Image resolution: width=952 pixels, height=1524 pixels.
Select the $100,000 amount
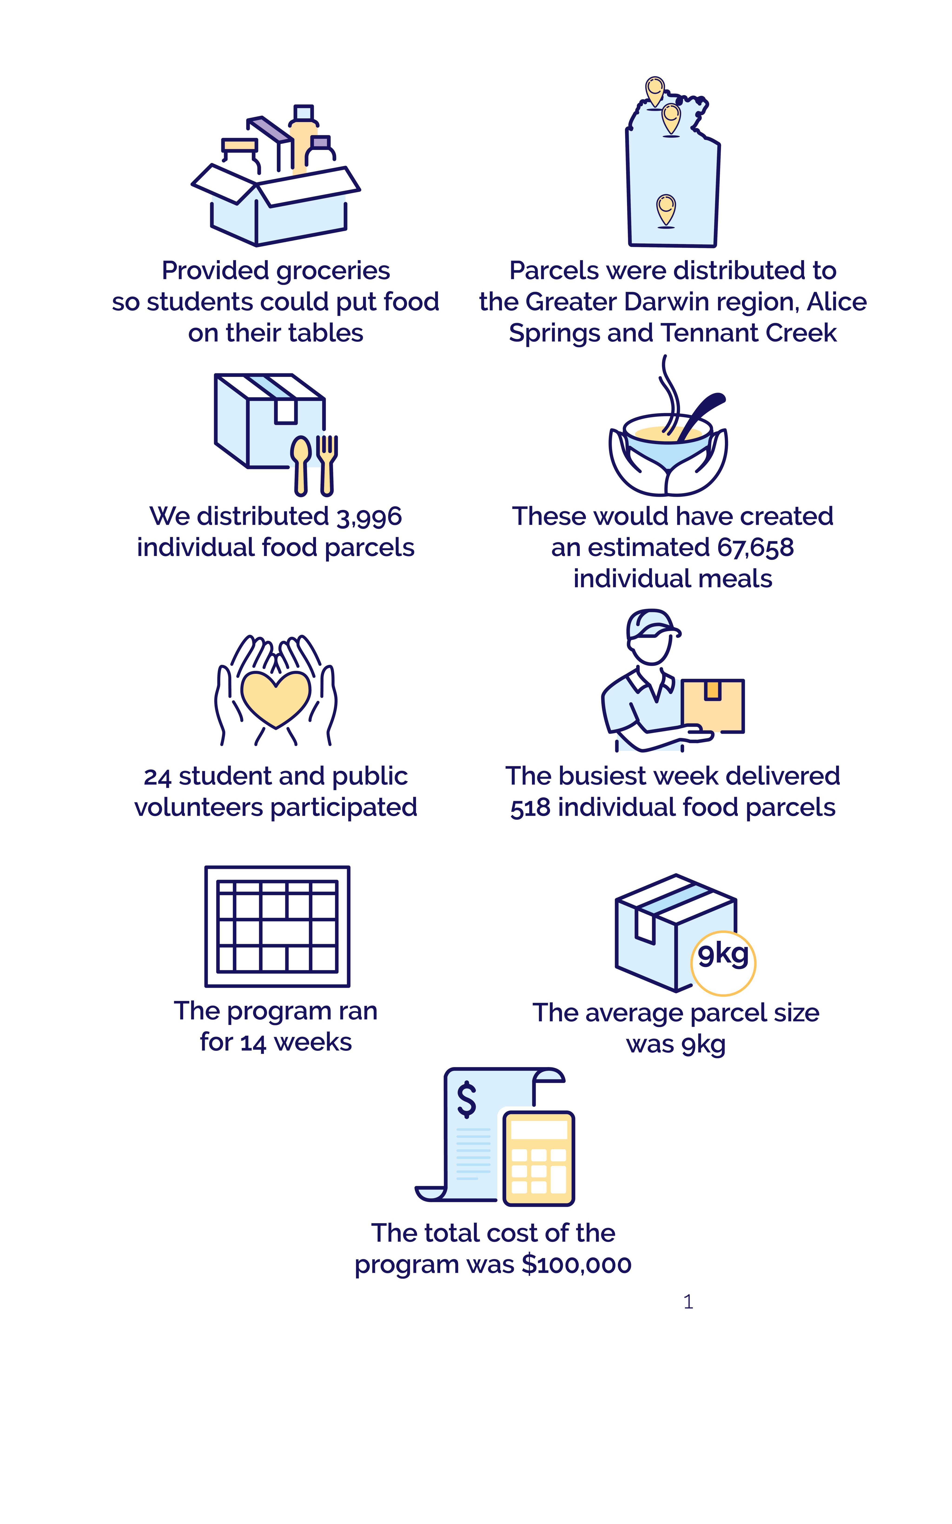(x=577, y=1264)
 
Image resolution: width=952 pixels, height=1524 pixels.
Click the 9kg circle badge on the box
(x=724, y=963)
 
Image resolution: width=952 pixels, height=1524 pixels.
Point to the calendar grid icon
(x=277, y=926)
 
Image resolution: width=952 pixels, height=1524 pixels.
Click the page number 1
(x=688, y=1301)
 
